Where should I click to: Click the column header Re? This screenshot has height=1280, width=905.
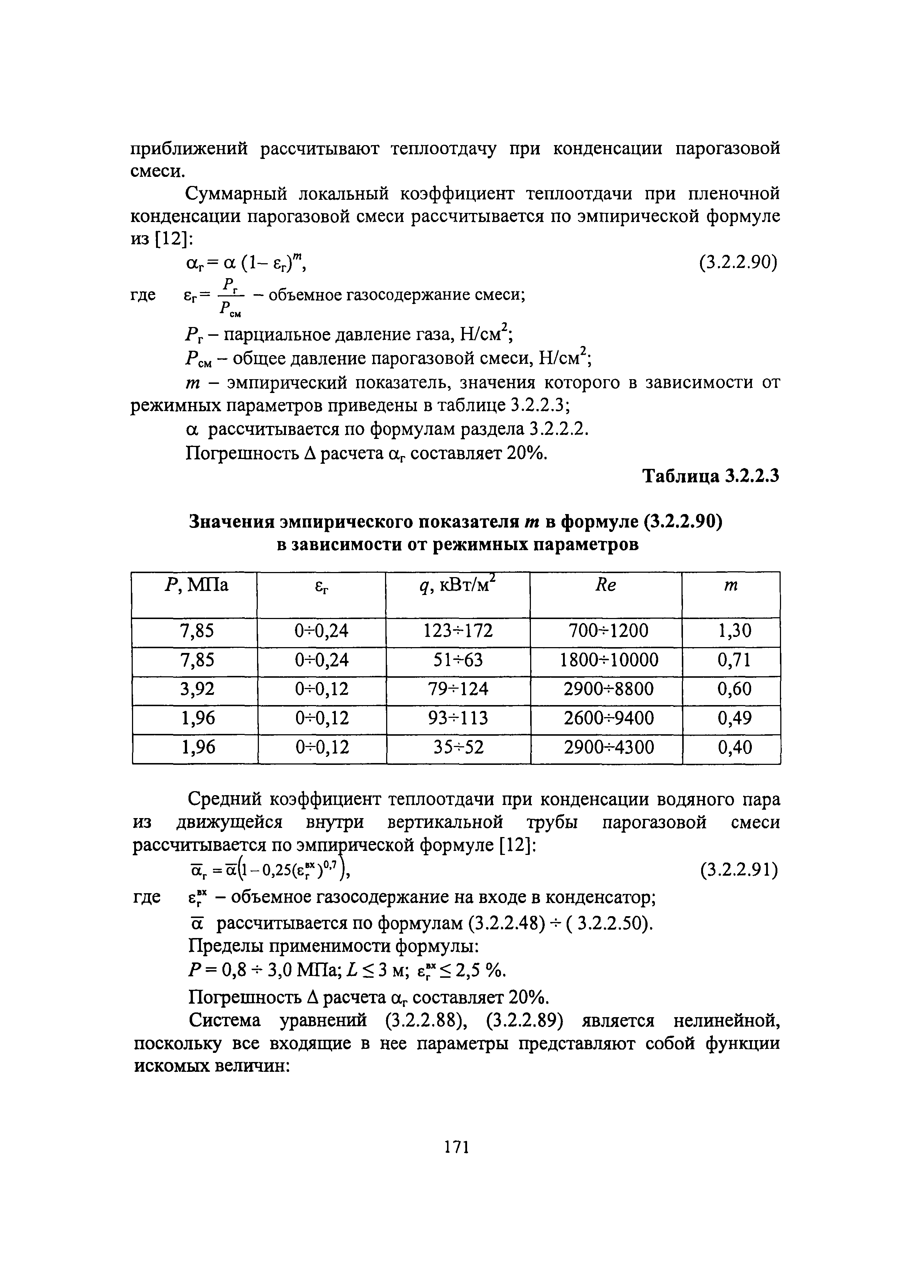point(606,586)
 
